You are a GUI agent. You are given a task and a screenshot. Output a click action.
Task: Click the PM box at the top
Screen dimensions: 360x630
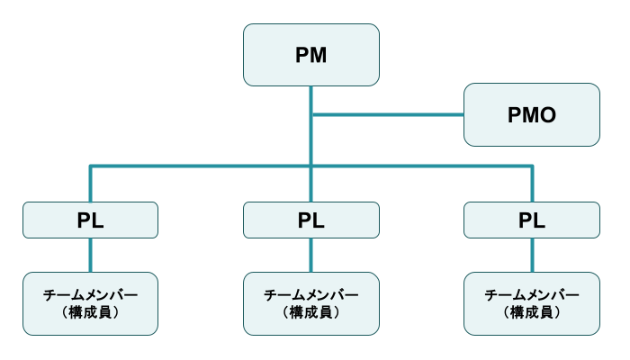click(x=310, y=55)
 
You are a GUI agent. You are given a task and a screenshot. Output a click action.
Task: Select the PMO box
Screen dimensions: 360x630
click(x=531, y=114)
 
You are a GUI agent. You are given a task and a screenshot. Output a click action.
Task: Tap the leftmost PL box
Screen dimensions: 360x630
click(x=90, y=220)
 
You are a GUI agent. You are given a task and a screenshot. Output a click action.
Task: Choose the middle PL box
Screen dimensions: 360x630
click(x=310, y=220)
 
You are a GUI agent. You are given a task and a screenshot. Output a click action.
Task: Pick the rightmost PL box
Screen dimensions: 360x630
click(x=531, y=220)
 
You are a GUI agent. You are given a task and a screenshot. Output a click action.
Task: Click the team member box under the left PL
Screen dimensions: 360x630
click(x=90, y=303)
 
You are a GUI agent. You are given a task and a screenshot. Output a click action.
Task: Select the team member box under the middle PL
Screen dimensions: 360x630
click(x=310, y=303)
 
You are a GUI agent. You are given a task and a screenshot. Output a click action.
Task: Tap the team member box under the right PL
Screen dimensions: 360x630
click(x=531, y=303)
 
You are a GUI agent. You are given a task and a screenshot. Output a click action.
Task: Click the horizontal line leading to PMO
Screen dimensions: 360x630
click(x=387, y=114)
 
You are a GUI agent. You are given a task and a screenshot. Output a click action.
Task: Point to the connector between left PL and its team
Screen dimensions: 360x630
click(x=90, y=255)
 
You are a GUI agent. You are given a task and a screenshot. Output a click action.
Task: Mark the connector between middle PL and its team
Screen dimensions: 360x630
click(x=310, y=255)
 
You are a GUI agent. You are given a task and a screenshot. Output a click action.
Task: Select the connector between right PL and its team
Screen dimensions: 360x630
click(x=531, y=255)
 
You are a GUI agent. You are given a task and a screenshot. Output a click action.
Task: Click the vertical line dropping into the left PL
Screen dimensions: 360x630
click(x=90, y=184)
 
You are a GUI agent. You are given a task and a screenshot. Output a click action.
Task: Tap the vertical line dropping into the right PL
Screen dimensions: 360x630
click(x=531, y=184)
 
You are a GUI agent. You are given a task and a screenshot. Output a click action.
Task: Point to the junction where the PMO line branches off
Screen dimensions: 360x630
click(x=310, y=114)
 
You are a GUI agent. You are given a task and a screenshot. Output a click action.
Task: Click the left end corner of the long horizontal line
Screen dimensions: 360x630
click(x=90, y=166)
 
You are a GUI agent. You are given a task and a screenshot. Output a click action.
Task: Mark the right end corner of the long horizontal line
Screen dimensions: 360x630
click(x=531, y=166)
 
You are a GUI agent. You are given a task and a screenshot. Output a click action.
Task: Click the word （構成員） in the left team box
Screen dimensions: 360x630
click(x=90, y=312)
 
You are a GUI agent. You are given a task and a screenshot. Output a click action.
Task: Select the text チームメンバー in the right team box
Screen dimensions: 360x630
click(x=531, y=295)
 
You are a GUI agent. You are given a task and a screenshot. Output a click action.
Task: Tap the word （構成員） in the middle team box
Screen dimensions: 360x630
click(x=310, y=312)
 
